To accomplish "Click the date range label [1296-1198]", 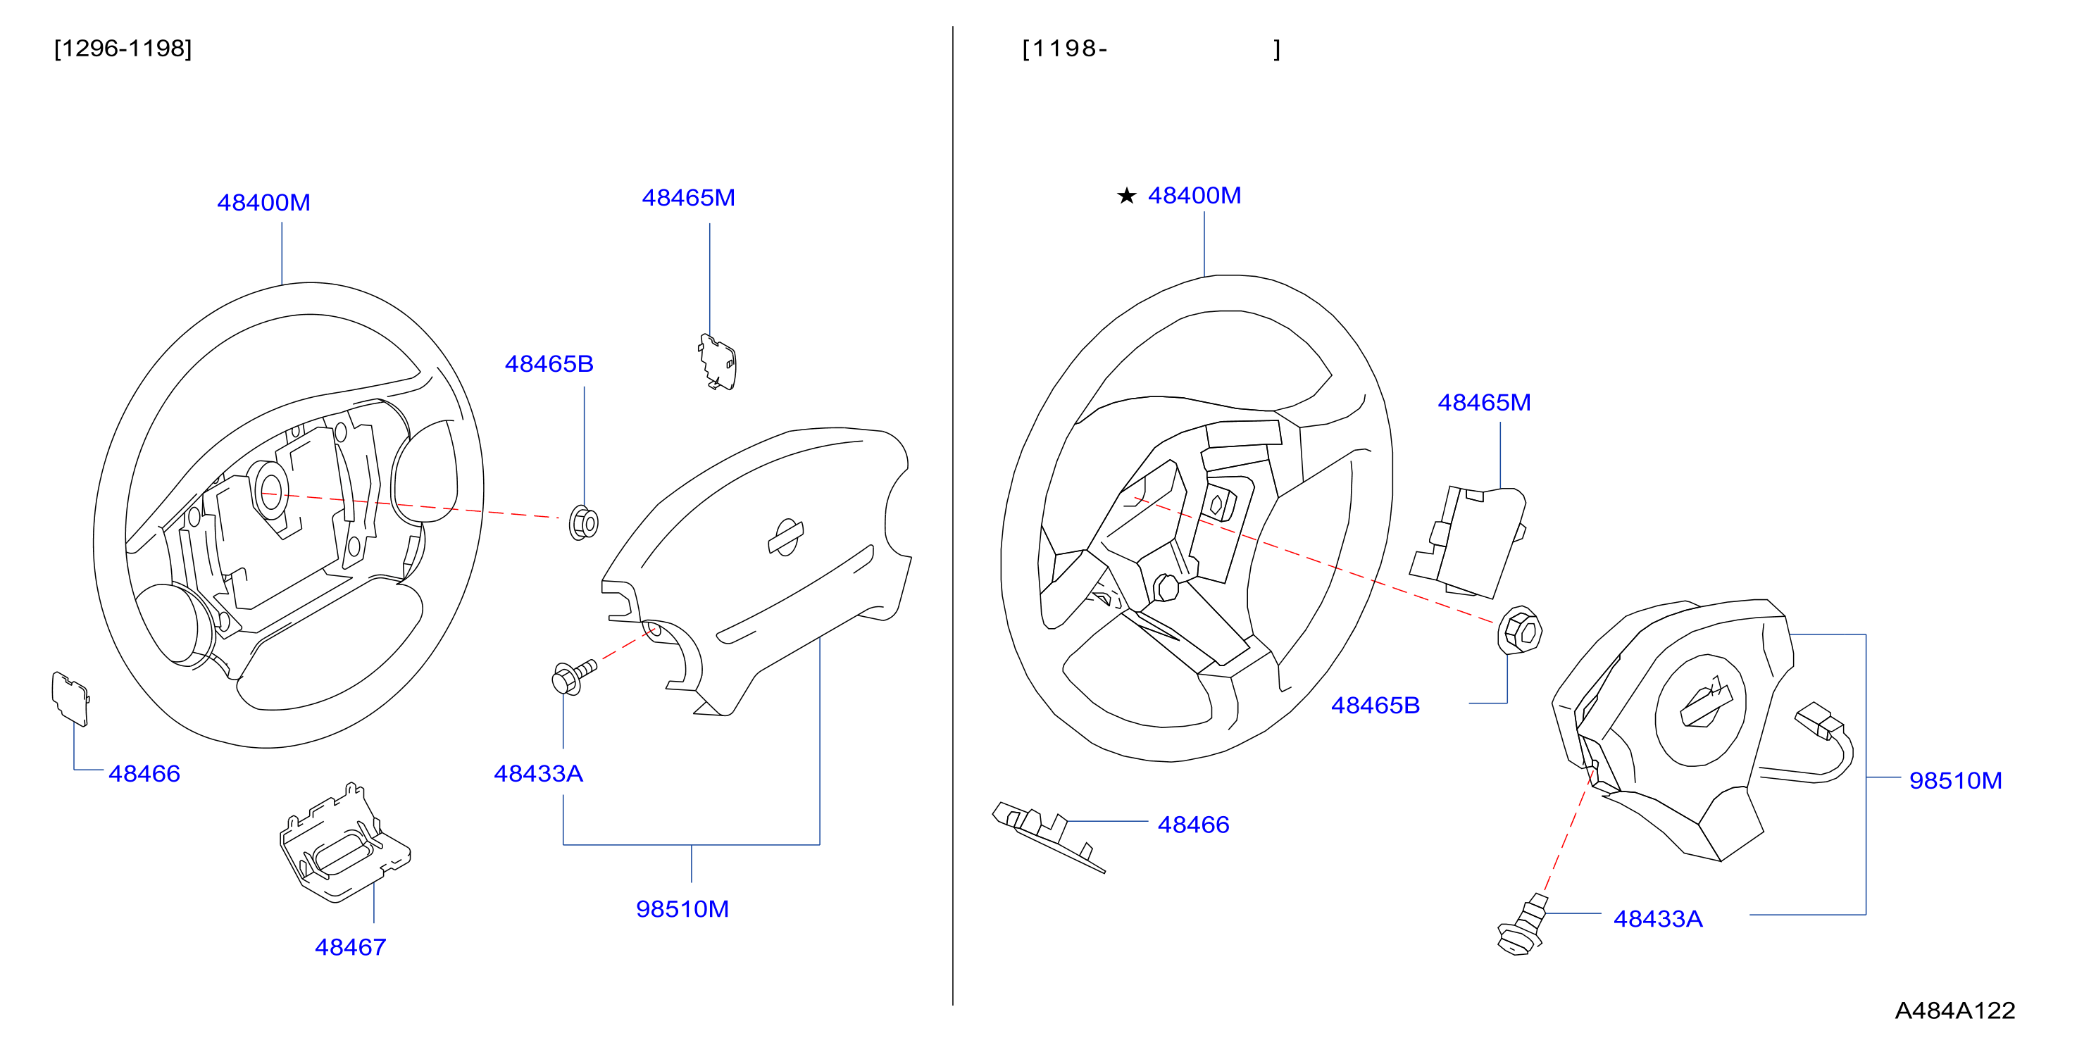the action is click(x=123, y=49).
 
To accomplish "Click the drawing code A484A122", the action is click(x=1954, y=1010).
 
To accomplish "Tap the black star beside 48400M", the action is click(x=1126, y=196).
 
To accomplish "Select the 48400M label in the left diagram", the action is click(x=263, y=203).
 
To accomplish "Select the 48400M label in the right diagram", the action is click(x=1194, y=195).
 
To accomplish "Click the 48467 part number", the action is click(x=350, y=946).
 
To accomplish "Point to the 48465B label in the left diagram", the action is click(x=549, y=363).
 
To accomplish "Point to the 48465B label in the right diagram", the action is click(x=1375, y=705).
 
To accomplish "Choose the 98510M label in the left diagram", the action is click(x=682, y=908).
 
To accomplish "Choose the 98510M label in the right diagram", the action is click(x=1955, y=780).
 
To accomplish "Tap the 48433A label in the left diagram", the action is click(x=539, y=773).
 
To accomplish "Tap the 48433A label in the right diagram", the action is click(x=1657, y=919).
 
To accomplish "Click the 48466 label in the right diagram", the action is click(x=1193, y=825).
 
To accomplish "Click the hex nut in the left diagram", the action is click(x=583, y=523).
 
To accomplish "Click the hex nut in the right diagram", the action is click(x=1520, y=630).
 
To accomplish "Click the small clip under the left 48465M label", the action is click(x=717, y=362).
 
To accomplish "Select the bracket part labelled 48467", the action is click(x=345, y=844).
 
